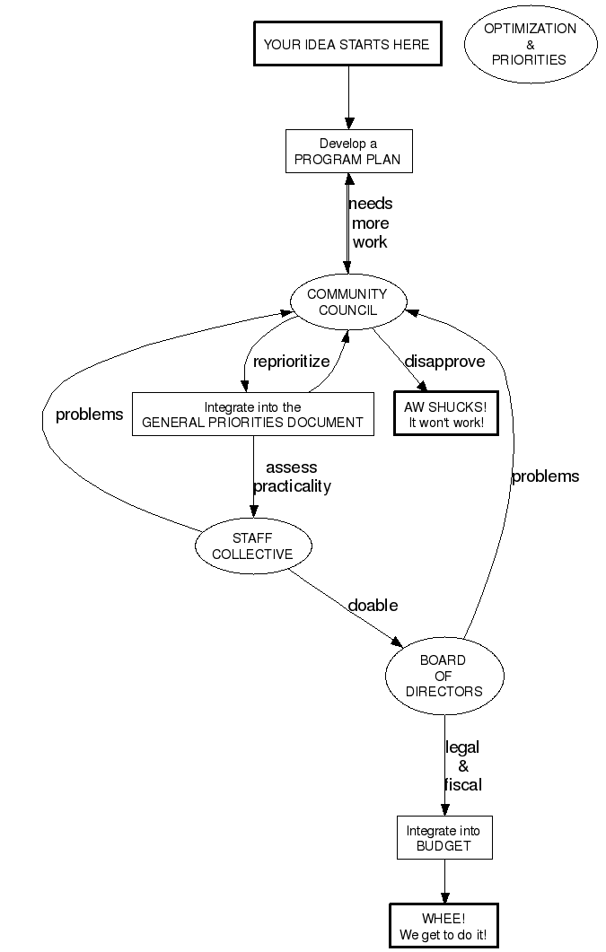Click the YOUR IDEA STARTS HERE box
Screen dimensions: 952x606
click(x=347, y=44)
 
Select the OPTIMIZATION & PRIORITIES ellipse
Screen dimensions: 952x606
click(x=530, y=44)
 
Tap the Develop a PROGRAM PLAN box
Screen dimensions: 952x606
click(x=348, y=153)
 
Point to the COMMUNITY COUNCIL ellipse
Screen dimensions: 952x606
click(x=347, y=302)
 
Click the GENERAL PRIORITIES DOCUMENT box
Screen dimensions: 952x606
click(x=252, y=415)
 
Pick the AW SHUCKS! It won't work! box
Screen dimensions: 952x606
click(x=445, y=415)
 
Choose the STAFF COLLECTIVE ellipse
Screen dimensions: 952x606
click(x=252, y=546)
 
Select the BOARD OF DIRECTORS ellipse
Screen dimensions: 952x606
click(x=444, y=676)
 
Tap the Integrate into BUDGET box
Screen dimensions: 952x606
click(x=444, y=837)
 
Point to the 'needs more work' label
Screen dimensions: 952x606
click(x=370, y=223)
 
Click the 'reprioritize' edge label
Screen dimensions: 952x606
click(x=291, y=362)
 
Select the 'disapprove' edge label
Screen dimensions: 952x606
click(x=444, y=362)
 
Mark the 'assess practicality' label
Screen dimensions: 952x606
click(x=292, y=477)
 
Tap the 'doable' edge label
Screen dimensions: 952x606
click(x=373, y=605)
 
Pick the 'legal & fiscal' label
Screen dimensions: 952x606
click(x=463, y=765)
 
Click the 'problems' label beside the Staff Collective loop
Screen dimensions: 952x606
click(x=89, y=415)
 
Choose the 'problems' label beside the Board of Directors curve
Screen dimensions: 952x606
click(x=545, y=476)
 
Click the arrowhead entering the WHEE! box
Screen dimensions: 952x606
click(x=444, y=897)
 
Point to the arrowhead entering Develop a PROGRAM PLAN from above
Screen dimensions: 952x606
click(x=348, y=124)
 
